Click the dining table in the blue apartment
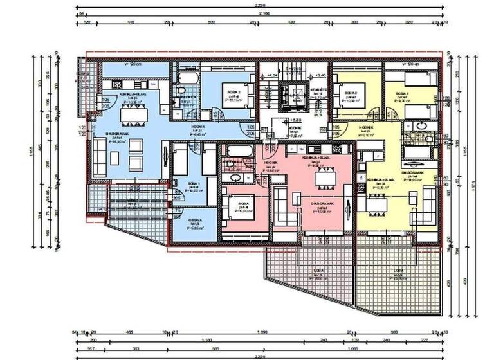click(x=134, y=113)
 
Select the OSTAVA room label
click(x=195, y=221)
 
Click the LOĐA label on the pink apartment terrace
click(x=318, y=272)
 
